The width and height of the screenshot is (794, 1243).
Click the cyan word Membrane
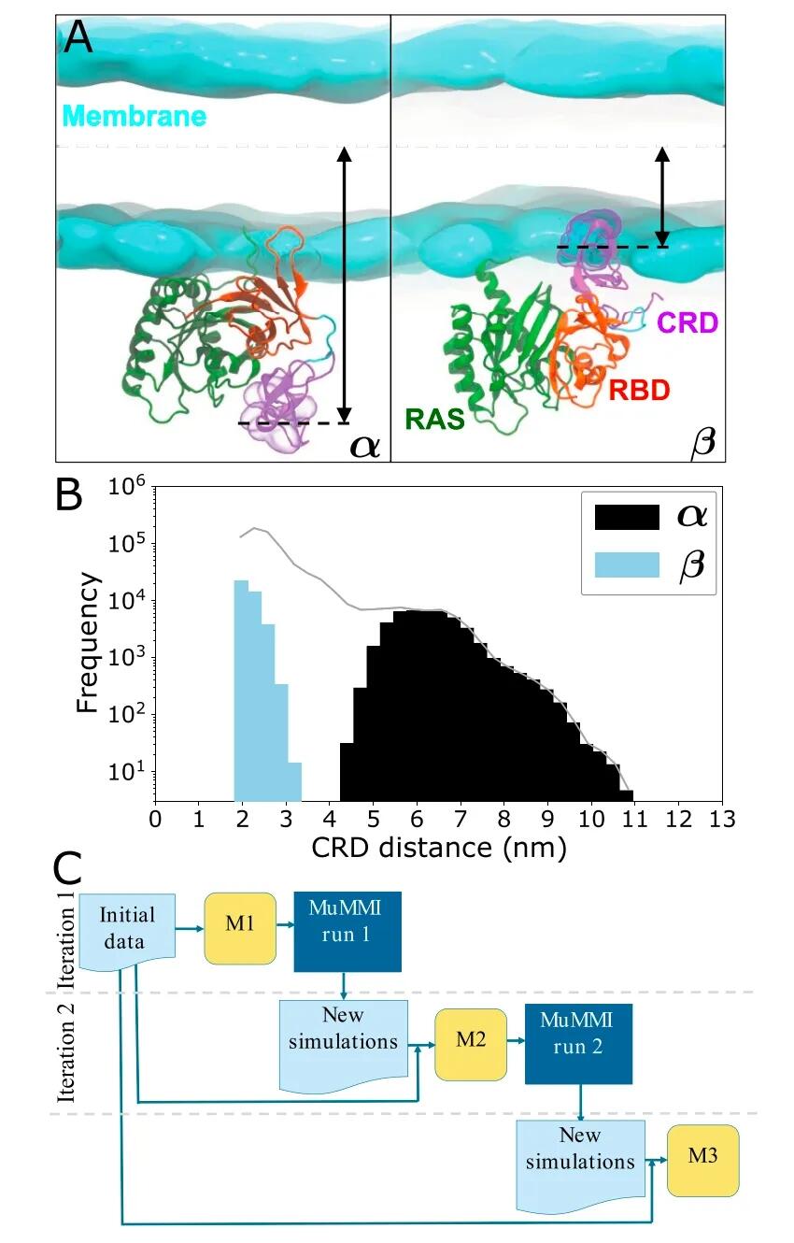click(x=135, y=116)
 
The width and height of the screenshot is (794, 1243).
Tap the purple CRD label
click(x=688, y=322)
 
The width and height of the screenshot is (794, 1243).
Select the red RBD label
click(x=639, y=390)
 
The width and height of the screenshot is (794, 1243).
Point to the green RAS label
click(x=434, y=419)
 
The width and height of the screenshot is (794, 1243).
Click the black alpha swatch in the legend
click(x=627, y=517)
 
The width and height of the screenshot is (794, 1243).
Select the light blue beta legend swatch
click(x=627, y=564)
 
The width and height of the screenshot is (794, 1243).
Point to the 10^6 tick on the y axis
click(x=126, y=487)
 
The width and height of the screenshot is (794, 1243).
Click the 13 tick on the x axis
click(x=722, y=819)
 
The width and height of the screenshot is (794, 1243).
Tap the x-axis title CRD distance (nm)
click(x=439, y=848)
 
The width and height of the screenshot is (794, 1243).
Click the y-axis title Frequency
click(x=88, y=643)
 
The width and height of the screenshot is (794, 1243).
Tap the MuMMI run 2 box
click(x=578, y=1044)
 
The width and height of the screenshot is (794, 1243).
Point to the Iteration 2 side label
click(x=66, y=1052)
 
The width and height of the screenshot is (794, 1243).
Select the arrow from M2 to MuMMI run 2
click(x=516, y=1040)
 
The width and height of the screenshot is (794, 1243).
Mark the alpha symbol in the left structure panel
click(x=365, y=446)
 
